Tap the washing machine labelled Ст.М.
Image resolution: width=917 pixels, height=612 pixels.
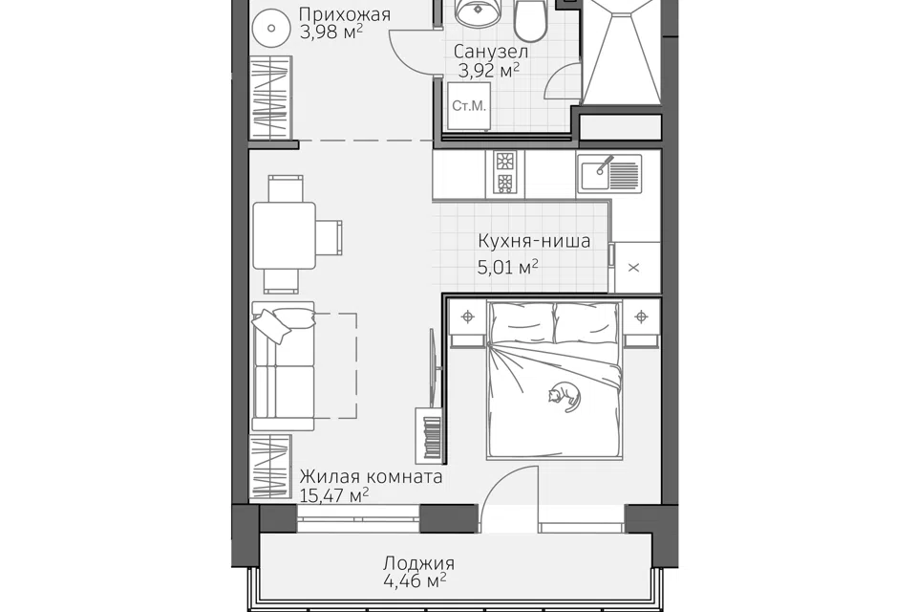pos(468,106)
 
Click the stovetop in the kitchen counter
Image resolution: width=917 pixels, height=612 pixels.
pos(504,172)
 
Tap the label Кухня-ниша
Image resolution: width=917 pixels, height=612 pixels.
pos(534,241)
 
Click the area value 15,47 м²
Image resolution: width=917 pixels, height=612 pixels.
pos(334,495)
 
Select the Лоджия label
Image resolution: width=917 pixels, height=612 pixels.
pos(418,563)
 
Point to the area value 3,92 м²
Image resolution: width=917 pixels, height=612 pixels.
pos(489,71)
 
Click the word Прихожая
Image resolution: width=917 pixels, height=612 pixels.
pos(345,14)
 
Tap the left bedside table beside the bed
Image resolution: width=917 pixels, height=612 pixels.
pos(467,323)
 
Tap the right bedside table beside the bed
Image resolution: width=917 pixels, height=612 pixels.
pos(642,323)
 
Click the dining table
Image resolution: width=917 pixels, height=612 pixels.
pos(285,235)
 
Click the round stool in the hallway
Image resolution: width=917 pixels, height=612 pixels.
pos(270,28)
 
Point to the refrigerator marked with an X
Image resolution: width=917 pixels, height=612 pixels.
pos(634,268)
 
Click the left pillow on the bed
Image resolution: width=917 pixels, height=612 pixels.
pos(522,322)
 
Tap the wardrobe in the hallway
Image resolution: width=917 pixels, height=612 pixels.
pos(270,98)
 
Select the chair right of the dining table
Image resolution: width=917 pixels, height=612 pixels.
pos(330,237)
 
